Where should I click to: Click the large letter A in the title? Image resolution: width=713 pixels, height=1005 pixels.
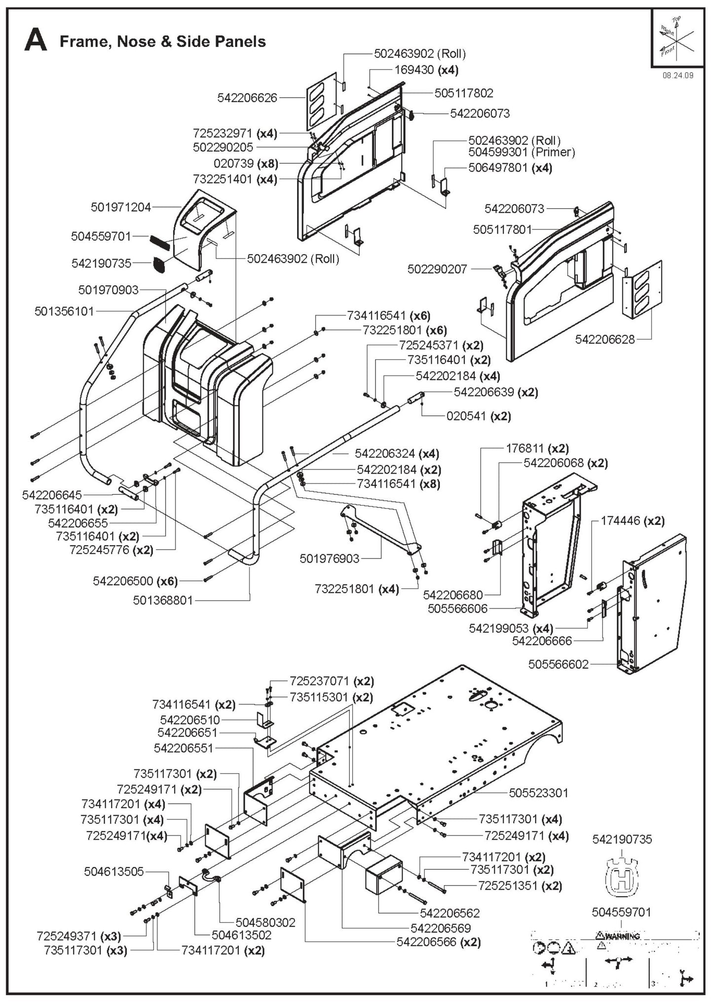(x=36, y=40)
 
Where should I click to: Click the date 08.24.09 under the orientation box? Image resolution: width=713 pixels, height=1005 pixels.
(x=677, y=75)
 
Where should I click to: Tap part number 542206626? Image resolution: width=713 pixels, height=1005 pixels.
(x=247, y=98)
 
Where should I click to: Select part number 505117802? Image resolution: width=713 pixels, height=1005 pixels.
(x=463, y=93)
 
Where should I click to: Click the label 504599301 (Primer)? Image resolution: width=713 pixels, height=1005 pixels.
(x=522, y=152)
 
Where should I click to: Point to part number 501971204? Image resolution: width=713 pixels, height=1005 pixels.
(x=121, y=207)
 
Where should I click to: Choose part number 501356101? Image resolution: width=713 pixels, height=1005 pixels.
(x=64, y=311)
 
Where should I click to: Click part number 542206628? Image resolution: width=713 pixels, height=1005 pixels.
(x=605, y=339)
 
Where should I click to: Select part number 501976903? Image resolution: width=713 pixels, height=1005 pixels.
(x=329, y=558)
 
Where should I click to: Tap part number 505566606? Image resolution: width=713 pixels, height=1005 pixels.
(x=457, y=609)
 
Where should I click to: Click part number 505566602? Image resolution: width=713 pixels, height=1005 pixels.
(x=558, y=665)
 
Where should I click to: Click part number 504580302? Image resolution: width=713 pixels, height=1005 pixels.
(x=265, y=922)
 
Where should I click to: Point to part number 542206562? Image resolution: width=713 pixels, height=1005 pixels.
(x=450, y=913)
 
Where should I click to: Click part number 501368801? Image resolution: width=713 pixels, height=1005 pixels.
(x=163, y=600)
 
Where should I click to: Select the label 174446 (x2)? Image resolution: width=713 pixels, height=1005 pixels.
(x=633, y=521)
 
